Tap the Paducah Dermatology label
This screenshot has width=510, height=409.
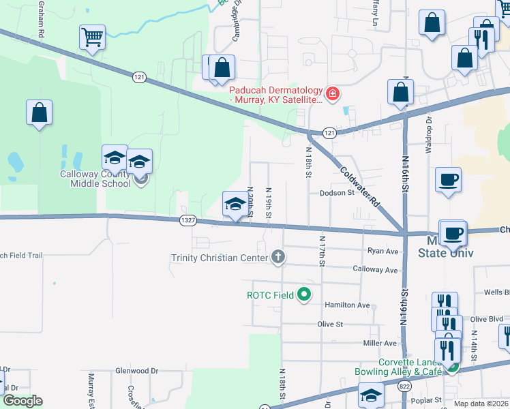(x=275, y=95)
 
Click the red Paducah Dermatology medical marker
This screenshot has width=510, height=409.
(x=333, y=93)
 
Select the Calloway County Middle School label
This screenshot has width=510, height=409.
(x=95, y=179)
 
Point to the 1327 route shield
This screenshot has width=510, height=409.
(x=189, y=219)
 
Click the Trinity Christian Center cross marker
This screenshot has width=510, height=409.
(x=277, y=257)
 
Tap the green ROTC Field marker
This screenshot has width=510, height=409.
(x=304, y=295)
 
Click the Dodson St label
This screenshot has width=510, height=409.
(x=338, y=193)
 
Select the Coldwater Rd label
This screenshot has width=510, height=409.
(x=359, y=187)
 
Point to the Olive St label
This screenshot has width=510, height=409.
(x=330, y=324)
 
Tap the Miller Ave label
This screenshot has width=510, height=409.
(x=380, y=343)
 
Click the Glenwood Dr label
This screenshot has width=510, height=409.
(x=136, y=371)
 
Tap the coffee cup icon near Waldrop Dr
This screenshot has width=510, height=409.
(x=448, y=180)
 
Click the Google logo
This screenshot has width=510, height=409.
(x=22, y=401)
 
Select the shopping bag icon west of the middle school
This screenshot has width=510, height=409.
(x=40, y=112)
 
